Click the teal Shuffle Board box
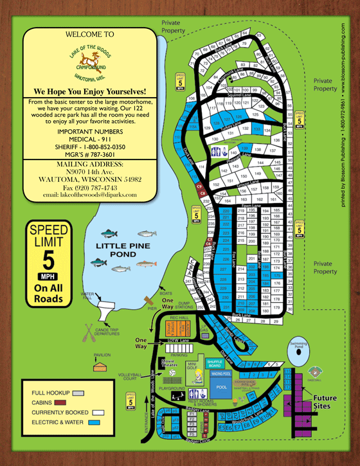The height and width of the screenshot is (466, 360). pyautogui.click(x=214, y=363)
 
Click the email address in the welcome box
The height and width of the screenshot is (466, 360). pyautogui.click(x=90, y=194)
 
